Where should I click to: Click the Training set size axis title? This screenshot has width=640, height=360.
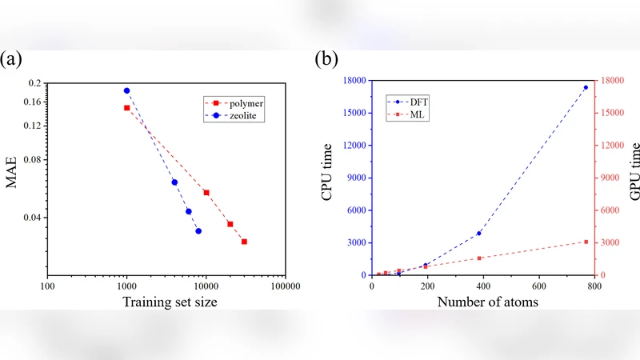point(170,302)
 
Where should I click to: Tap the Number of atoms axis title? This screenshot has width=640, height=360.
point(487,302)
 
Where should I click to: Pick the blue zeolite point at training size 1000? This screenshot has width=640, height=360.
point(126,90)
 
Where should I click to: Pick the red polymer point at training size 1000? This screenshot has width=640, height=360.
point(126,107)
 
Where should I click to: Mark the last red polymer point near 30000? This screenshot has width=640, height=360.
point(244,241)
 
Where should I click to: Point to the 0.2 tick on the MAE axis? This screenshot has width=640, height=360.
point(34,83)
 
